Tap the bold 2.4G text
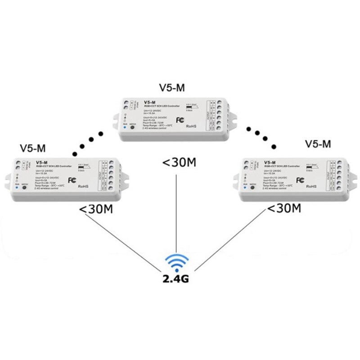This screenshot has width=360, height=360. [x=177, y=278]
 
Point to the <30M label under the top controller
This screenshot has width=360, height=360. [x=177, y=162]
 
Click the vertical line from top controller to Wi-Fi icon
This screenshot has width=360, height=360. [x=177, y=211]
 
